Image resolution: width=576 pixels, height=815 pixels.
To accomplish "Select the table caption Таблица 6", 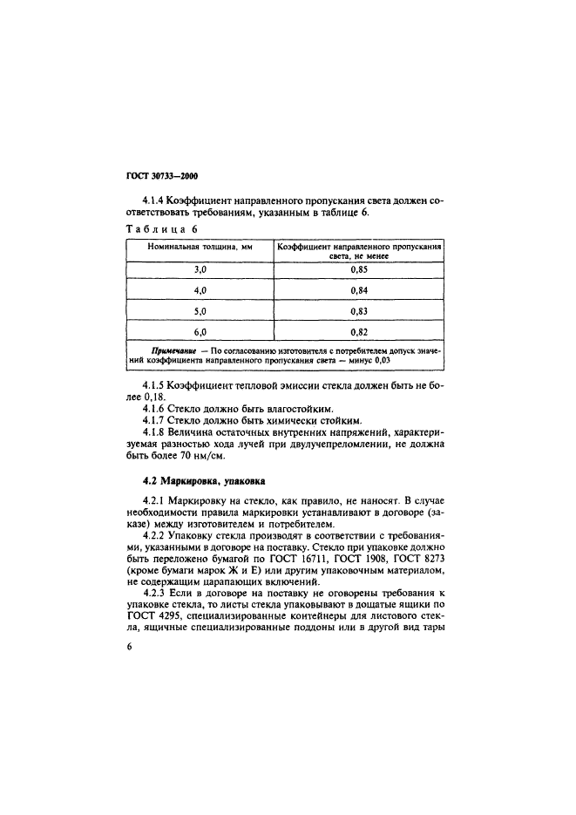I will (162, 229).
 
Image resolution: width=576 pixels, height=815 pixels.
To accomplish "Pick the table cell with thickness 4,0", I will (200, 290).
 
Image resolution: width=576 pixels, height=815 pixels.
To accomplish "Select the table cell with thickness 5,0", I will (200, 311).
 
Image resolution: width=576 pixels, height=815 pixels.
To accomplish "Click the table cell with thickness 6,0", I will (200, 332).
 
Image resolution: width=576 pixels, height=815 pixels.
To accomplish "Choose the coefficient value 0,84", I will (358, 290).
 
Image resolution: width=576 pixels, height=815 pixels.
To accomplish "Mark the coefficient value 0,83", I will (358, 311).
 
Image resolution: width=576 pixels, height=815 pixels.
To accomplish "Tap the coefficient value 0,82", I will (358, 332).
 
